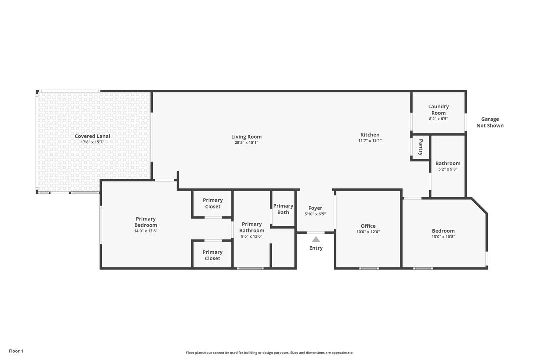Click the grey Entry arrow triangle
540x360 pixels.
pyautogui.click(x=316, y=239)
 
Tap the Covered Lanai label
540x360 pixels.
pyautogui.click(x=92, y=136)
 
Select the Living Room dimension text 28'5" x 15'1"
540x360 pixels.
pyautogui.click(x=246, y=142)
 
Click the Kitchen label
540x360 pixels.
pyautogui.click(x=370, y=135)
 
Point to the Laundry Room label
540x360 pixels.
pyautogui.click(x=439, y=110)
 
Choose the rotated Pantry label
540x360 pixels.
pyautogui.click(x=421, y=147)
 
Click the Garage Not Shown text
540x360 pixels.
pyautogui.click(x=490, y=122)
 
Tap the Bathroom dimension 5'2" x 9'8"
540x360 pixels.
pyautogui.click(x=448, y=169)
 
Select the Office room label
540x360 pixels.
pyautogui.click(x=368, y=226)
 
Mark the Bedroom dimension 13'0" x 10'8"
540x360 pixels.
pyautogui.click(x=443, y=237)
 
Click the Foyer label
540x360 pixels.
pyautogui.click(x=315, y=208)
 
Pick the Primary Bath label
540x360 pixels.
pyautogui.click(x=283, y=209)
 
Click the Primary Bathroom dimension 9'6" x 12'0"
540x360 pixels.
pyautogui.click(x=252, y=236)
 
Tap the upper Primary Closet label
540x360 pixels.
pyautogui.click(x=213, y=203)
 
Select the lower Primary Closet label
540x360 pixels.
pyautogui.click(x=213, y=255)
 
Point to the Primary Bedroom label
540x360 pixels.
pyautogui.click(x=146, y=222)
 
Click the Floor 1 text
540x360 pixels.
pyautogui.click(x=16, y=351)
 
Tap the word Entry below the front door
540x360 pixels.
pyautogui.click(x=316, y=248)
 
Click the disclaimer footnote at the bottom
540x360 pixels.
pyautogui.click(x=270, y=353)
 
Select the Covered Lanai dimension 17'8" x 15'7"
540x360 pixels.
pyautogui.click(x=92, y=142)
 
